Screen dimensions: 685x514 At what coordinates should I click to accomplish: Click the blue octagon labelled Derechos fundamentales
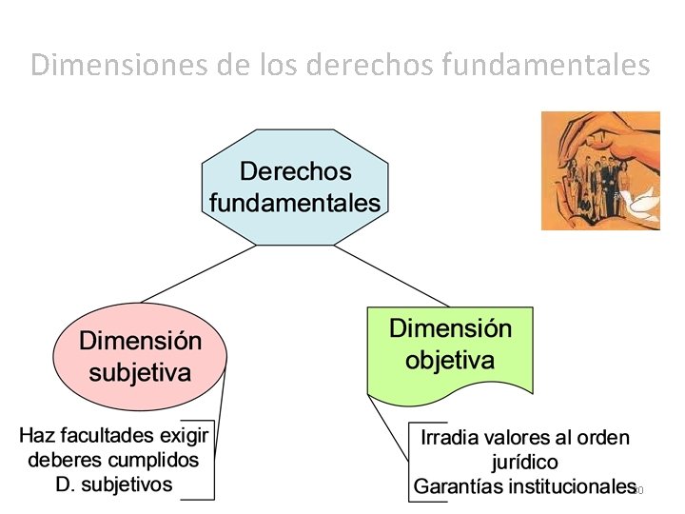click(x=295, y=186)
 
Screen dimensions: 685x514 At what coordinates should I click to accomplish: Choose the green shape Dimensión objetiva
click(x=450, y=347)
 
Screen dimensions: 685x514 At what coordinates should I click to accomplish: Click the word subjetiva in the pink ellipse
click(x=140, y=371)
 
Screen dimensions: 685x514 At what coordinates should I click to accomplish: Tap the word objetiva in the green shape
click(x=450, y=361)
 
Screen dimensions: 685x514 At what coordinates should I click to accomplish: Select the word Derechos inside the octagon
click(x=295, y=172)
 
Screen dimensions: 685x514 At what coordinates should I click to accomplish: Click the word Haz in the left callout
click(x=38, y=436)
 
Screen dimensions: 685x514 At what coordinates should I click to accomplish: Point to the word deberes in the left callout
click(x=63, y=460)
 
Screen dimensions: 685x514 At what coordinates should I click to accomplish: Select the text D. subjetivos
click(x=114, y=484)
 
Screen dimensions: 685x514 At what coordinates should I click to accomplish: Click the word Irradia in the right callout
click(x=449, y=438)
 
